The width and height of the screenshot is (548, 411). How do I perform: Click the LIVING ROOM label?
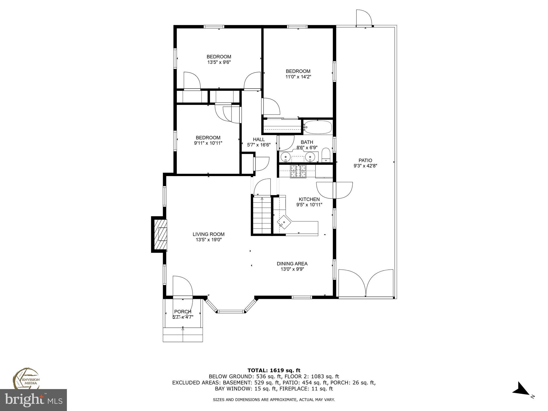(208, 234)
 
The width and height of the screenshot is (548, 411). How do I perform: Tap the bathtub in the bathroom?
(318, 127)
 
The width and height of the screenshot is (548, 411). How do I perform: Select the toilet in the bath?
(326, 155)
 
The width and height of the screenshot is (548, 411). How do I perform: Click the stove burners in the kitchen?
(298, 171)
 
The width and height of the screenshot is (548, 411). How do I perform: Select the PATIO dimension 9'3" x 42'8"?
(365, 166)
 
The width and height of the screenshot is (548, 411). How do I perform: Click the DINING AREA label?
(292, 264)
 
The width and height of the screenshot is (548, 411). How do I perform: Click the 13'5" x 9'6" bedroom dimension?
(219, 62)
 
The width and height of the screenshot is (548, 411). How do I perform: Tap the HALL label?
(259, 139)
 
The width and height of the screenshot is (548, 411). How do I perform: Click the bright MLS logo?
(33, 400)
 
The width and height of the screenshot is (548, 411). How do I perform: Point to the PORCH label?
(183, 311)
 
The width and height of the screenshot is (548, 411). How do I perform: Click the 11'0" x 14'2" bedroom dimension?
(298, 77)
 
